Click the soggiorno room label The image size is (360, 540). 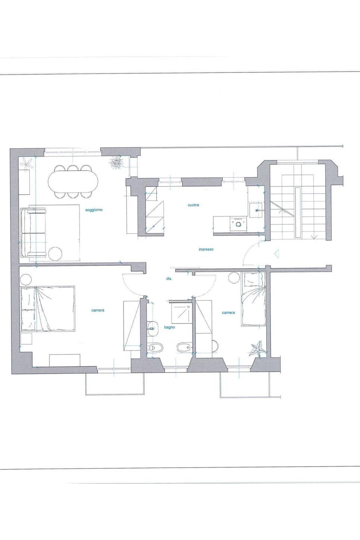[x=94, y=210]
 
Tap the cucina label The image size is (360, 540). [x=193, y=205]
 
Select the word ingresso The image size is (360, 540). [x=206, y=250]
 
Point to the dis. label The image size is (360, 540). [x=169, y=278]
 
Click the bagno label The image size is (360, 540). [x=169, y=327]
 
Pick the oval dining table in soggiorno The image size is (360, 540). [x=73, y=181]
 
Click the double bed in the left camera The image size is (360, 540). [x=47, y=309]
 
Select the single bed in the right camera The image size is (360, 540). [x=254, y=299]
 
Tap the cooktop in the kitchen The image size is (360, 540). [x=238, y=225]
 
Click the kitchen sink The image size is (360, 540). [x=256, y=210]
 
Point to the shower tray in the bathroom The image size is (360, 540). [x=181, y=312]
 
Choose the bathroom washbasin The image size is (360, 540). [x=152, y=328]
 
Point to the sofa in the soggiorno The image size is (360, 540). [x=33, y=233]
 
